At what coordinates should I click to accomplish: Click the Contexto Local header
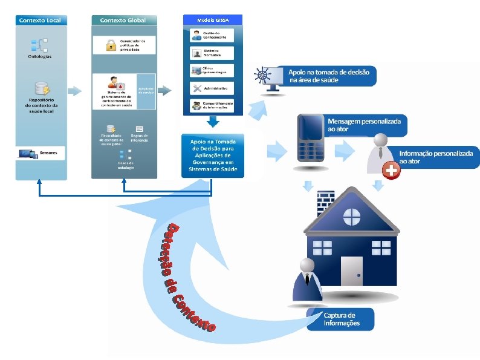pyautogui.click(x=41, y=21)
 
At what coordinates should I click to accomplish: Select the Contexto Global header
pyautogui.click(x=124, y=21)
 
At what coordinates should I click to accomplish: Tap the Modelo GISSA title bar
pyautogui.click(x=213, y=20)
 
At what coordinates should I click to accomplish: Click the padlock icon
pyautogui.click(x=111, y=45)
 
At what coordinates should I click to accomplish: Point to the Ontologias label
pyautogui.click(x=40, y=56)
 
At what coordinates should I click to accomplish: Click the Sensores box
pyautogui.click(x=41, y=154)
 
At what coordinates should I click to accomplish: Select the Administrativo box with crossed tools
pyautogui.click(x=212, y=88)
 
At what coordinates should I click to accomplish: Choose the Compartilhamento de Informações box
pyautogui.click(x=212, y=106)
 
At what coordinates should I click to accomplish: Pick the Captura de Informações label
pyautogui.click(x=342, y=319)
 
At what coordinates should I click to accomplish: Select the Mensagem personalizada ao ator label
pyautogui.click(x=366, y=125)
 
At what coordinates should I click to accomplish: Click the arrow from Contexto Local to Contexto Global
pyautogui.click(x=74, y=91)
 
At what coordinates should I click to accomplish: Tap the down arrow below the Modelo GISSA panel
pyautogui.click(x=213, y=123)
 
